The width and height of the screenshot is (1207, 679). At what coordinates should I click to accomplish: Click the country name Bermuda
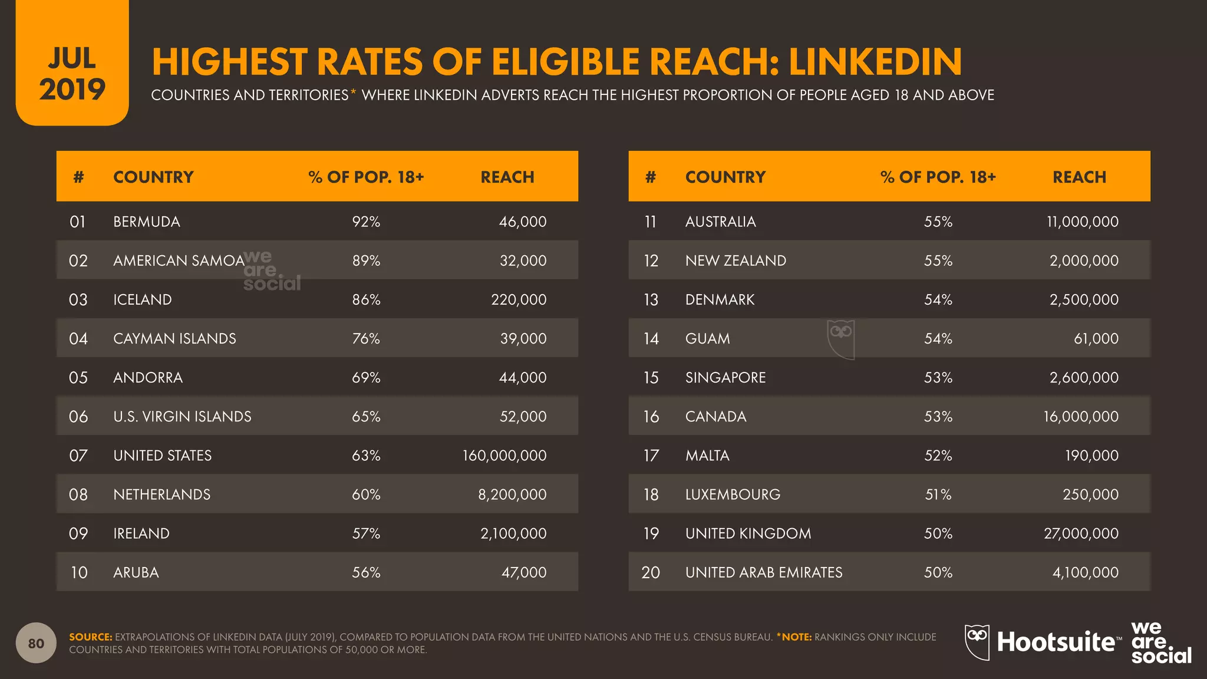coord(146,222)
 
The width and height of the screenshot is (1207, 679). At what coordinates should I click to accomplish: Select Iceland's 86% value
coord(366,299)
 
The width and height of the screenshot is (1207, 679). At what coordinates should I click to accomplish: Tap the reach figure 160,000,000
coord(504,455)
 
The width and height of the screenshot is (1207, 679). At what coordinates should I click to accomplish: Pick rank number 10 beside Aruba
coord(79,572)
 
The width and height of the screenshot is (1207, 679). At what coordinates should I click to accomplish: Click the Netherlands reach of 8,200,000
coord(512,495)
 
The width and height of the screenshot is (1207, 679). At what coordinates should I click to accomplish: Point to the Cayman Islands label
coord(174,338)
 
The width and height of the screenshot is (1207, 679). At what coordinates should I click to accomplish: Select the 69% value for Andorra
coord(366,377)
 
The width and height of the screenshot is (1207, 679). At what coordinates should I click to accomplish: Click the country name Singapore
coord(725,377)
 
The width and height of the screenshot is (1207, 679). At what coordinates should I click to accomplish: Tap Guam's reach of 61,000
coord(1096,338)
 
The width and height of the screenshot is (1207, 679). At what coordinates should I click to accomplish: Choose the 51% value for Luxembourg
coord(938,495)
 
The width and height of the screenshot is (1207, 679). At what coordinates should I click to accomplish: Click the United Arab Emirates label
coord(764,572)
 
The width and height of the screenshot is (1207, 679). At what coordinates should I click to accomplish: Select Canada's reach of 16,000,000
coord(1081,416)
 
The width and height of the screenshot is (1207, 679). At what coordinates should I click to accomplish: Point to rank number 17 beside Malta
coord(651,455)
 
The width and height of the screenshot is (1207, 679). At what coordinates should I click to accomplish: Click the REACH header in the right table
coord(1079,177)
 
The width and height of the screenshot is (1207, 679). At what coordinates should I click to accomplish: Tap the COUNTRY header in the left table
coord(153,177)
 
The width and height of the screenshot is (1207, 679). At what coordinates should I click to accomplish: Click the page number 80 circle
coord(36,643)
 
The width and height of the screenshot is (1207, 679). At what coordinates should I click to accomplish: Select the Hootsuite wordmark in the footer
coord(1055,642)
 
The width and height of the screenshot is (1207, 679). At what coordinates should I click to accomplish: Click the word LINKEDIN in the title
coord(875,62)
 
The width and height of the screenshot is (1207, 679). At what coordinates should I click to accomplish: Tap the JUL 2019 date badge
coord(72,74)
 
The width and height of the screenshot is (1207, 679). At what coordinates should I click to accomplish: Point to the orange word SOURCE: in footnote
coord(90,637)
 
